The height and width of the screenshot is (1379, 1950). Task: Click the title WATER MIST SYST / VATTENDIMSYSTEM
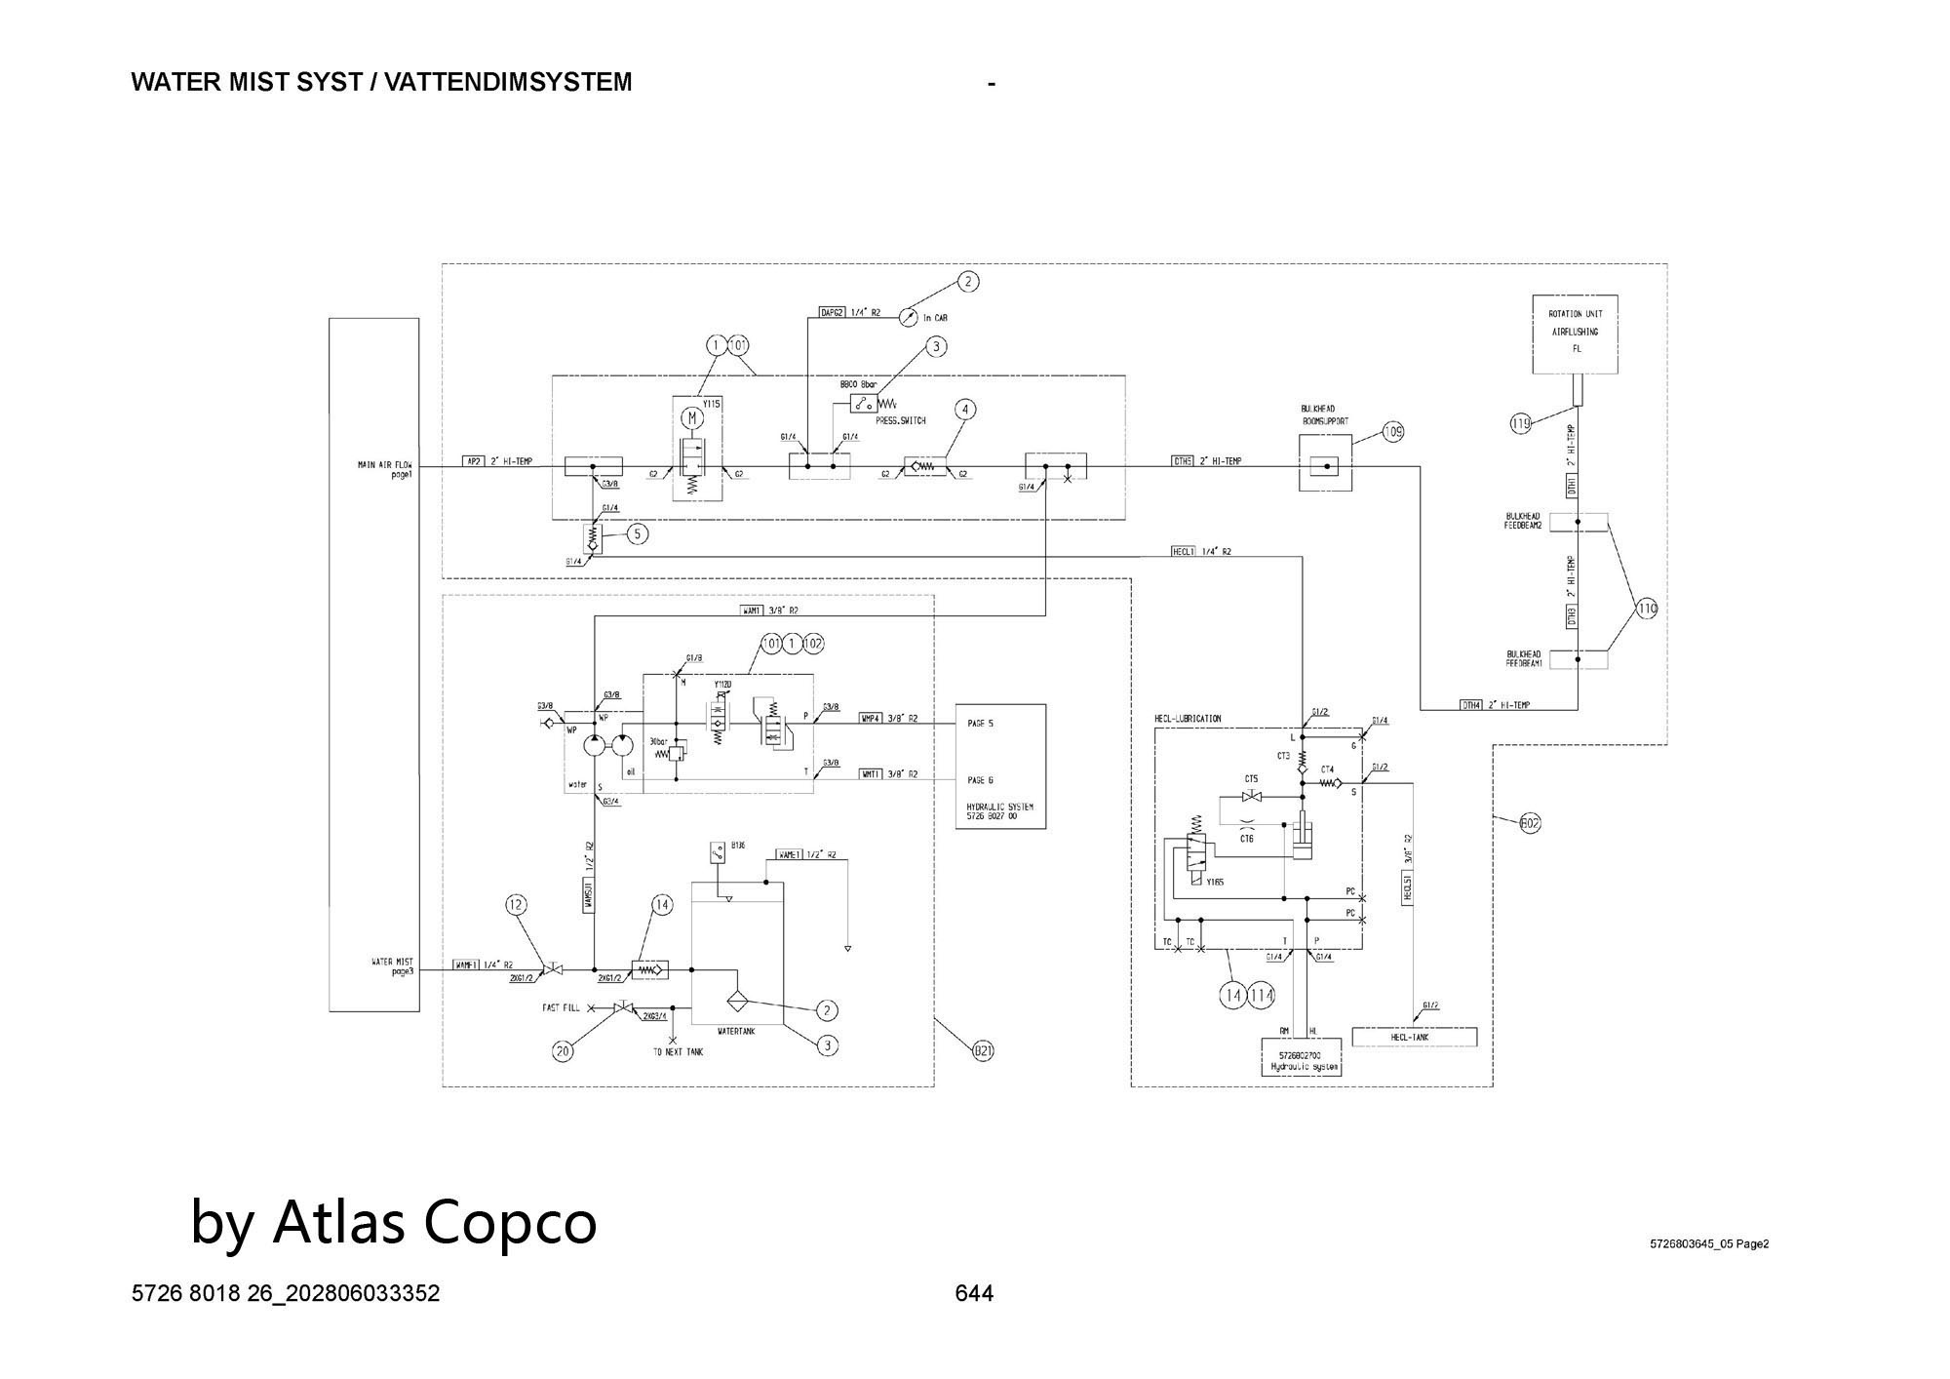(381, 82)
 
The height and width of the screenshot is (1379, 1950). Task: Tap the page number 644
(974, 1293)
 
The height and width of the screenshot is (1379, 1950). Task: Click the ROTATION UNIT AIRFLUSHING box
(1575, 334)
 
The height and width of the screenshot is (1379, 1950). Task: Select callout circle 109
(1393, 431)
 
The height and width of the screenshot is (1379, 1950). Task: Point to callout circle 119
(1521, 423)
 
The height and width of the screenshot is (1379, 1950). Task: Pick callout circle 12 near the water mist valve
(516, 905)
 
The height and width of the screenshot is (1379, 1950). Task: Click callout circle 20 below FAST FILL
(563, 1051)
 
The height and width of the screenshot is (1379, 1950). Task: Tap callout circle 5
(638, 533)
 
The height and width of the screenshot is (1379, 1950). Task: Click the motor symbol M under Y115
(692, 418)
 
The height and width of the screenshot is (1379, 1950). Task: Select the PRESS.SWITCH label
(900, 421)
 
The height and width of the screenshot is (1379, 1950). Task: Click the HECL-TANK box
(1414, 1037)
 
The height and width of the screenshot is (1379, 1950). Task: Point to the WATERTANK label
(737, 1030)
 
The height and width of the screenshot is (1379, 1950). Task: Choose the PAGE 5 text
(980, 724)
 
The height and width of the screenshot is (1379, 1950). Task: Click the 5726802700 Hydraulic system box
(1302, 1057)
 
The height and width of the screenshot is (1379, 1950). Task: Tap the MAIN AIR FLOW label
(386, 469)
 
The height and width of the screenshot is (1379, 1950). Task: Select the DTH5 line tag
(1183, 460)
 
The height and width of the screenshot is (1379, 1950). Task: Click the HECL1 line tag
(1183, 551)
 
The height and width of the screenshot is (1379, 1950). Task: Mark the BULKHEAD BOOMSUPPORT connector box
(1326, 464)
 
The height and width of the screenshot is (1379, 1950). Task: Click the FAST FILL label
(561, 1007)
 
